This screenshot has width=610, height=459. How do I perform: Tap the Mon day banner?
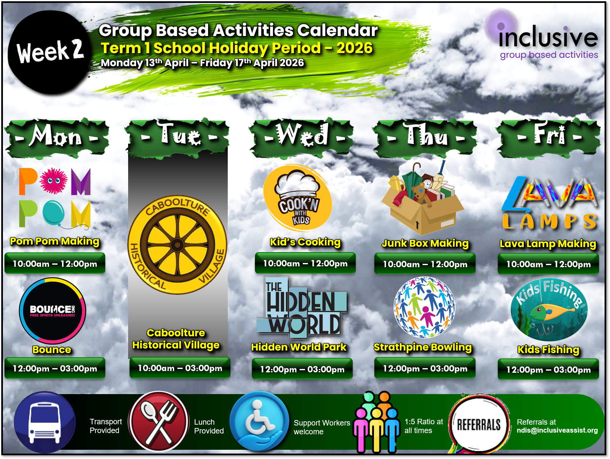click(57, 137)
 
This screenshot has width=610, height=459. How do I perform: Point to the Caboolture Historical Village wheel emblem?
click(178, 245)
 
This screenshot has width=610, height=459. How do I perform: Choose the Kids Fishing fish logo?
click(548, 310)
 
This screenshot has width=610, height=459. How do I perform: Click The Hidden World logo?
click(301, 308)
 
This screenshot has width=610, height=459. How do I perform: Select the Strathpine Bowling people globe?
click(425, 307)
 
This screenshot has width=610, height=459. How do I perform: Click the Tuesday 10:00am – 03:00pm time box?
click(180, 368)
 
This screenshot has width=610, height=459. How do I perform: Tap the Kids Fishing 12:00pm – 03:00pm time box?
click(548, 370)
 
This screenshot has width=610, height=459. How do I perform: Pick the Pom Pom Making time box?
click(55, 264)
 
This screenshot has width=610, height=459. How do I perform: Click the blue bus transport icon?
click(45, 422)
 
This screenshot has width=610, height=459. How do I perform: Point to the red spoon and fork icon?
click(159, 421)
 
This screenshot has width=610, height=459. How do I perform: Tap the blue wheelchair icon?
click(260, 421)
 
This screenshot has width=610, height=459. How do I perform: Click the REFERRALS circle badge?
click(479, 425)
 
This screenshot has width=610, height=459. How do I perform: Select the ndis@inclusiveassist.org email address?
click(557, 431)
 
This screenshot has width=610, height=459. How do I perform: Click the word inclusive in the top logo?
click(548, 38)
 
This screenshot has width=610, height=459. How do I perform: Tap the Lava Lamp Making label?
click(548, 244)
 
